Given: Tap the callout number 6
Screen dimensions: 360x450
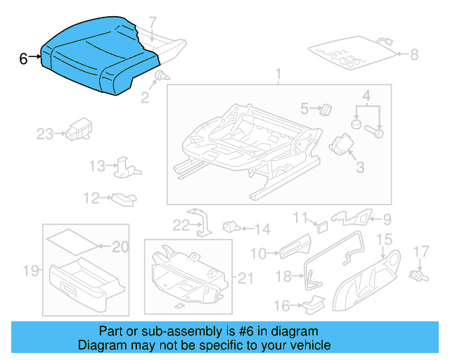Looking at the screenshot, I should pos(23,59).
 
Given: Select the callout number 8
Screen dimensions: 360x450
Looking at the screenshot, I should pos(413,53).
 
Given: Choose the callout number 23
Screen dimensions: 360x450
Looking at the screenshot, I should pos(45,134).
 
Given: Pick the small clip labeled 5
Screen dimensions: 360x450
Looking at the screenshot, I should pos(326,109).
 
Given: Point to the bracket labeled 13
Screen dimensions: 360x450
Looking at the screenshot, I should pos(127,166).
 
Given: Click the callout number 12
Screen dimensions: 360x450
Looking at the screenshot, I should pos(91,199).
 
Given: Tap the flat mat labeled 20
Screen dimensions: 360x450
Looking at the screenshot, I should pos(72,240).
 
